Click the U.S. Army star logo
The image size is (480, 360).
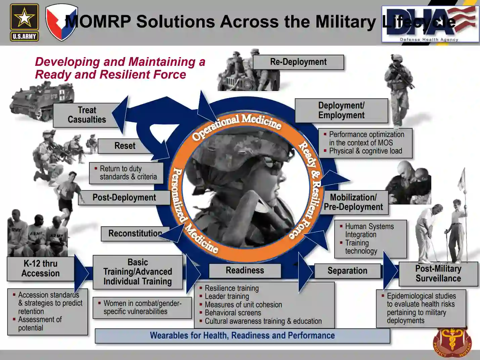pyautogui.click(x=24, y=22)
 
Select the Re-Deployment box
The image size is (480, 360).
pyautogui.click(x=298, y=62)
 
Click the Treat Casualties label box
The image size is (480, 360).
pyautogui.click(x=87, y=115)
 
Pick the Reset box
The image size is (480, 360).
pyautogui.click(x=125, y=146)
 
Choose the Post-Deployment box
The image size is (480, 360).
pyautogui.click(x=124, y=197)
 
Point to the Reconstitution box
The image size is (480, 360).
pyautogui.click(x=135, y=233)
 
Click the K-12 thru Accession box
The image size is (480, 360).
pyautogui.click(x=41, y=269)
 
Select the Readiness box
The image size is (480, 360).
pyautogui.click(x=245, y=270)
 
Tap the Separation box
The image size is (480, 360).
pyautogui.click(x=347, y=271)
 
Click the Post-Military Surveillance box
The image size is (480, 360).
pyautogui.click(x=438, y=274)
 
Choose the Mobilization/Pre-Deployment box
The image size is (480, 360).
pyautogui.click(x=353, y=202)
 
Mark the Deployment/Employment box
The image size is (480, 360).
pyautogui.click(x=341, y=110)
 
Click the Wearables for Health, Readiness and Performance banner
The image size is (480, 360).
pyautogui.click(x=242, y=335)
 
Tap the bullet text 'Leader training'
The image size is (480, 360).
pyautogui.click(x=227, y=296)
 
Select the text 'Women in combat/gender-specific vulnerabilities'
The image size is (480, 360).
pyautogui.click(x=142, y=307)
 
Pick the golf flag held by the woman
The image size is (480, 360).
pyautogui.click(x=463, y=180)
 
